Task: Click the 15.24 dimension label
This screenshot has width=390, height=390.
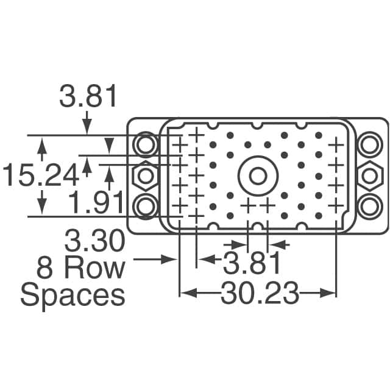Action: tap(40, 176)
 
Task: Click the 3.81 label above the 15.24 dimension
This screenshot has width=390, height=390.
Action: tap(89, 97)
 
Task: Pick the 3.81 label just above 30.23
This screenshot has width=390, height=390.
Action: tap(251, 264)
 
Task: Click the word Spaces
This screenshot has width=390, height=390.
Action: tap(73, 296)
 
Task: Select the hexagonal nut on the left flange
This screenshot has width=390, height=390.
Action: tap(146, 176)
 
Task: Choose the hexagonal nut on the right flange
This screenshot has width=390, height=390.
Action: tap(369, 176)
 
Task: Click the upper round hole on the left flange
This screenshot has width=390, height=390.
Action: tap(146, 145)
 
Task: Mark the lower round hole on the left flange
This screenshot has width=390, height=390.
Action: tap(146, 207)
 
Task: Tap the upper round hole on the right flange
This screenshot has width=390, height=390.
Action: tap(369, 145)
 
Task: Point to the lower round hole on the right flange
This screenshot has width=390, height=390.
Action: tap(369, 204)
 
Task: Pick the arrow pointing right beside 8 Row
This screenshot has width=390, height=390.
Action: tap(168, 260)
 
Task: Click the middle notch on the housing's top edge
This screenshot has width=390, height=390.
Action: tap(257, 125)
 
